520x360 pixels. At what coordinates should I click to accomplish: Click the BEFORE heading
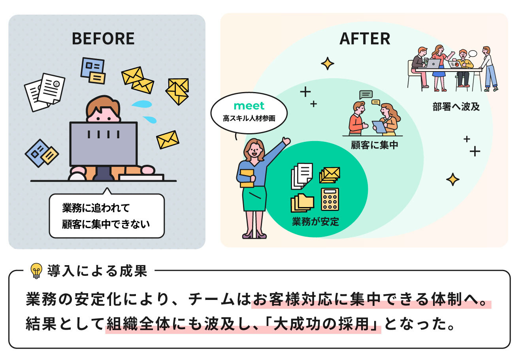coord(103,39)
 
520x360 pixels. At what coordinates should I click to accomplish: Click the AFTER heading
coord(365,39)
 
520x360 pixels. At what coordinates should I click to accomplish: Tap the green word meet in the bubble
coord(249,106)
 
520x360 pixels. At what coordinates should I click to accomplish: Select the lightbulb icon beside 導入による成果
coord(36,271)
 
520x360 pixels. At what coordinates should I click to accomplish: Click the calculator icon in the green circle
coord(330,199)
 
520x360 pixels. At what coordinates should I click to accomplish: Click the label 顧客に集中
coord(375,145)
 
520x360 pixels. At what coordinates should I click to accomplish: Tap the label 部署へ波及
coord(456,107)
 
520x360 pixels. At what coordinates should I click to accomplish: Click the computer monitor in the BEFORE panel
coord(104,143)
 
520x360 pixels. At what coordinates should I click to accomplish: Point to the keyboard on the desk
coord(141,177)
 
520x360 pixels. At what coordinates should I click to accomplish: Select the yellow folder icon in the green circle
coord(302,203)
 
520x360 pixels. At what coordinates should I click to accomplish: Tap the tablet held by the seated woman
coord(379,126)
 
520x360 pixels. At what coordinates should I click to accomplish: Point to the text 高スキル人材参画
coord(249,118)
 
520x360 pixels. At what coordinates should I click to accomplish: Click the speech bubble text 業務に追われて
coord(96,207)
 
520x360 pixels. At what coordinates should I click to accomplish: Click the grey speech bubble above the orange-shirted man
coord(366,95)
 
